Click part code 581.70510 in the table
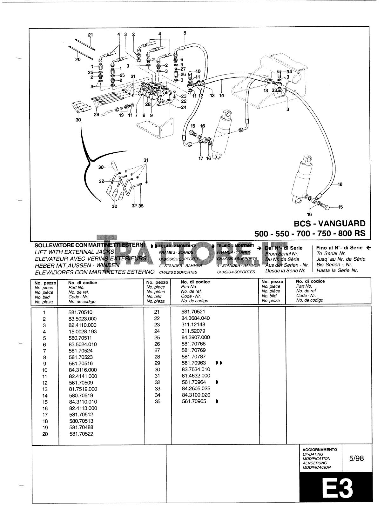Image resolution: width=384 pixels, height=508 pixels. pyautogui.click(x=80, y=312)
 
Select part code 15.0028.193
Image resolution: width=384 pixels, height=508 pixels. pyautogui.click(x=83, y=331)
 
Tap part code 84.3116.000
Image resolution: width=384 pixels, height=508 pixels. pyautogui.click(x=83, y=370)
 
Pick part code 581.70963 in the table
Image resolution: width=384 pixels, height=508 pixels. pyautogui.click(x=193, y=363)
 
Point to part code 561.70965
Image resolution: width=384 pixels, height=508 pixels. pyautogui.click(x=193, y=401)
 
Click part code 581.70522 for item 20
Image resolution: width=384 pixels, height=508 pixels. pyautogui.click(x=81, y=434)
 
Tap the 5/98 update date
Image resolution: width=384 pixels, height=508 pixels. pyautogui.click(x=356, y=458)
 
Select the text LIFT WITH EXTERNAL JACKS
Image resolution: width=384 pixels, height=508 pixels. pyautogui.click(x=74, y=252)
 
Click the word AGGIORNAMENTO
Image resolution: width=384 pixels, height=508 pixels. pyautogui.click(x=320, y=450)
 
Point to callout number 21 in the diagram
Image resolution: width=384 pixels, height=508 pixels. pyautogui.click(x=90, y=35)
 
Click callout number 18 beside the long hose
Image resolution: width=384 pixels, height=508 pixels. pyautogui.click(x=340, y=184)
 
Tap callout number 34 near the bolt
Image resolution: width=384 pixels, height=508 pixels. pyautogui.click(x=289, y=72)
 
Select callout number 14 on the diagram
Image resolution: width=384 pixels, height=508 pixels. pyautogui.click(x=221, y=95)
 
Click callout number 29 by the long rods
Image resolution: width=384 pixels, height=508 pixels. pyautogui.click(x=97, y=115)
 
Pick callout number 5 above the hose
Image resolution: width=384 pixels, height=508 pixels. pyautogui.click(x=185, y=33)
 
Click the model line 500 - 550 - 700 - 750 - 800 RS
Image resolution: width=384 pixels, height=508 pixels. pyautogui.click(x=310, y=234)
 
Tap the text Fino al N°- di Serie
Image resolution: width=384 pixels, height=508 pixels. pyautogui.click(x=339, y=248)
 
